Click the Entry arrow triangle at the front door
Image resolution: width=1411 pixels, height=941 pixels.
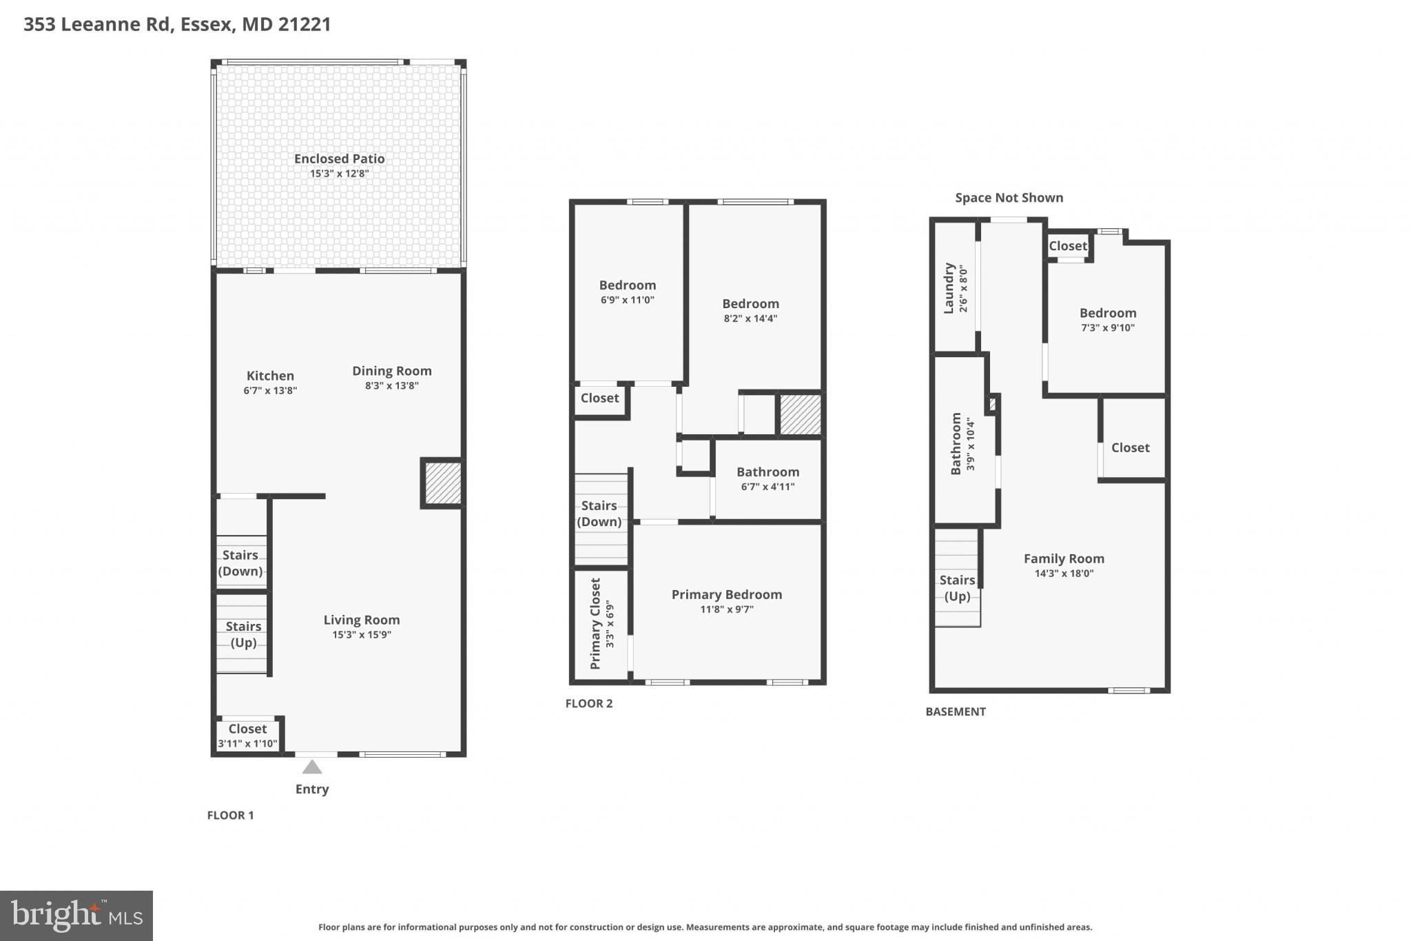(312, 767)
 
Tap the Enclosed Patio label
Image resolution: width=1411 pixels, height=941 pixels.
(339, 159)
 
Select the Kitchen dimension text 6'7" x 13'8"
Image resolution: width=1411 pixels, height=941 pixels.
(270, 391)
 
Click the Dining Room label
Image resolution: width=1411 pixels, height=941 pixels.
(391, 371)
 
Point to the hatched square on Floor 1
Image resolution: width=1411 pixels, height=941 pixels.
(442, 483)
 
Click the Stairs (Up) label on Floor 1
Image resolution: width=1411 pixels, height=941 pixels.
(243, 634)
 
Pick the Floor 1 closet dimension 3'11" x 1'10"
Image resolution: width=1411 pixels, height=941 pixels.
(247, 744)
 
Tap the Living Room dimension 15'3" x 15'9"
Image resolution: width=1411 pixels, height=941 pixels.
(361, 635)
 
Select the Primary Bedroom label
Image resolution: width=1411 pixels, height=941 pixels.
(726, 594)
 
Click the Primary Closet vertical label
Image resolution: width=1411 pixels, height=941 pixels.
(596, 624)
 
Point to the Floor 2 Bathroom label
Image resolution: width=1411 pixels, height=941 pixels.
(768, 472)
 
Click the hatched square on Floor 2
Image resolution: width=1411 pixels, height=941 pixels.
(800, 414)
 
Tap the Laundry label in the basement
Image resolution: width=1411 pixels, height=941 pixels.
(949, 288)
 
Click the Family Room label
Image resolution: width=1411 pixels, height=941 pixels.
(1063, 558)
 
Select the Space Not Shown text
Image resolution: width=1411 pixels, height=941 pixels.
(1009, 198)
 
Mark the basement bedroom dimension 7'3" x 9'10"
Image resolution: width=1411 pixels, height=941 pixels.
(1107, 328)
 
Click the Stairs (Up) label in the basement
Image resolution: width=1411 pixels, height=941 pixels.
(957, 588)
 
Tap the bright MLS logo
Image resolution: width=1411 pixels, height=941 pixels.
(76, 915)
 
